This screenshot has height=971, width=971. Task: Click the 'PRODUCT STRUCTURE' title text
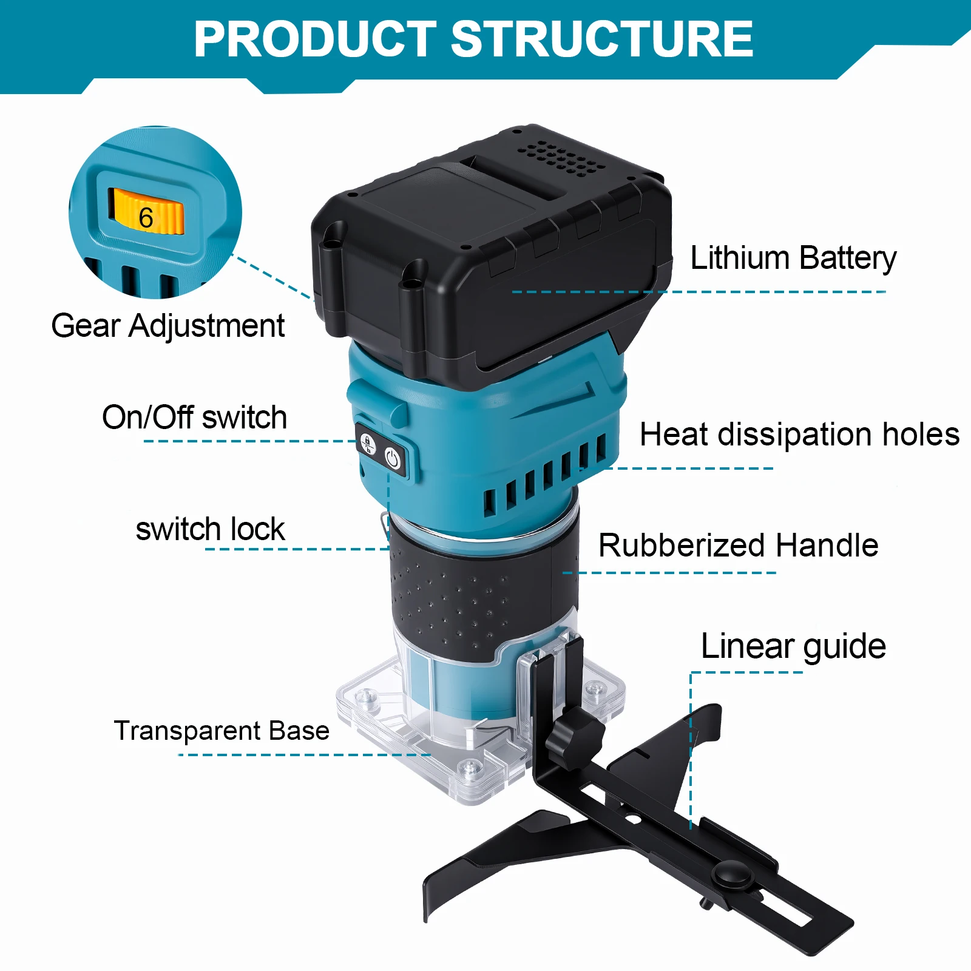[473, 39]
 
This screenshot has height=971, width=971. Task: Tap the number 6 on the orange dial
[146, 218]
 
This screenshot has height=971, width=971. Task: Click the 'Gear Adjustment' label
[168, 326]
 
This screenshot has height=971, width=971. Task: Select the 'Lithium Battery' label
[793, 259]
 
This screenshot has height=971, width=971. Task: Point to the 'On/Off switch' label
[194, 418]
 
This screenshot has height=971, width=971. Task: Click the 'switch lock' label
[210, 529]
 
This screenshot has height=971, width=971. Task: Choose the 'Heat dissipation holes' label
[800, 435]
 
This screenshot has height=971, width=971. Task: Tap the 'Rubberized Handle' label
[739, 545]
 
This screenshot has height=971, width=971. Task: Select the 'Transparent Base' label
[222, 731]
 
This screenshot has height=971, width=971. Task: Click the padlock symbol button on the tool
[368, 444]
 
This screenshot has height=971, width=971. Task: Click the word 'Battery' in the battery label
[848, 259]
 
